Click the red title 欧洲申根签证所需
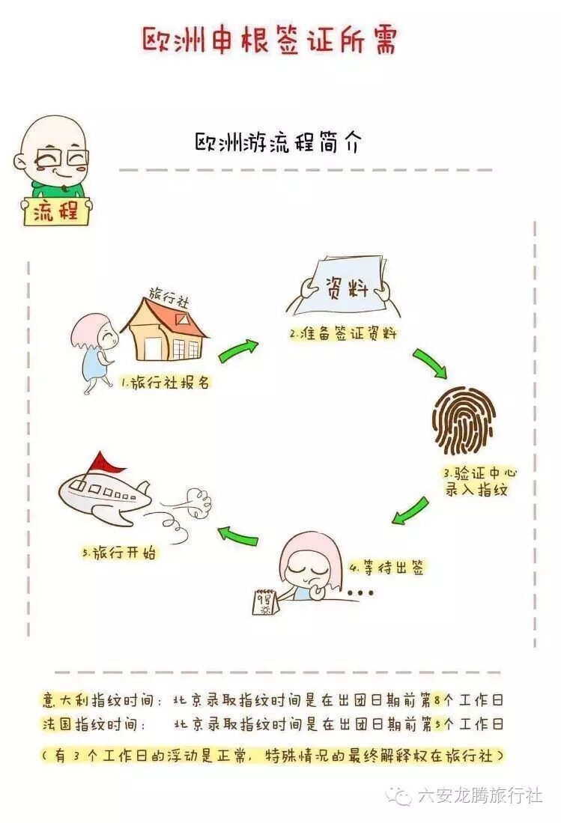click(x=269, y=39)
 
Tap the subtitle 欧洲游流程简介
click(x=277, y=143)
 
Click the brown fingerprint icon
click(x=464, y=420)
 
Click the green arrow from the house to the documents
click(x=238, y=349)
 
